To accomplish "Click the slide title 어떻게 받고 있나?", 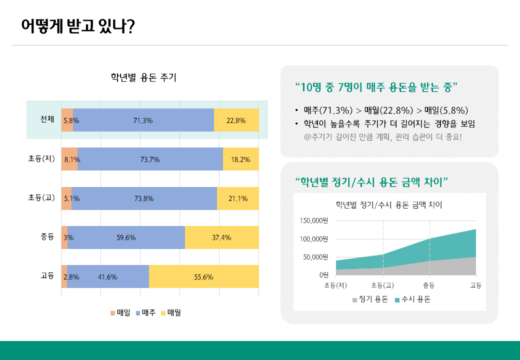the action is (78, 25).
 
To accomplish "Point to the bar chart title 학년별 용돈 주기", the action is (143, 77).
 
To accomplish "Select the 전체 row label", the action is (47, 119).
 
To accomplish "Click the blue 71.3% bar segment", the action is (143, 120).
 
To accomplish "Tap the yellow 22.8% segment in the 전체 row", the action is (236, 120).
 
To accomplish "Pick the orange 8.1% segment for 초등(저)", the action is (69, 159).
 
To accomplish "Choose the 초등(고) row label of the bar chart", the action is (41, 197).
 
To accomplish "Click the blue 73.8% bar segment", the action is (144, 198).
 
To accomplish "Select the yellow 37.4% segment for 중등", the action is (222, 237).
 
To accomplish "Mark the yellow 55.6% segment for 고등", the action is (203, 276).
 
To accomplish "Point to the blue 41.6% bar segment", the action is (108, 276).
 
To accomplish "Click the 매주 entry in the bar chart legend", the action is (145, 312).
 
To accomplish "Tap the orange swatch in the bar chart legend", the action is (113, 313).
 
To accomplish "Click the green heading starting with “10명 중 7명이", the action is (376, 87).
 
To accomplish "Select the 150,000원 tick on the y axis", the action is (313, 220).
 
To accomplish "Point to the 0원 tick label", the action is (324, 275).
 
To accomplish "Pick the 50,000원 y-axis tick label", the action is (315, 257).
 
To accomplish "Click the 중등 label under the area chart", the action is (429, 285).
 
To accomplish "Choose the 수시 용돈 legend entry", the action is (413, 299).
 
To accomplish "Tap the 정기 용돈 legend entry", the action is (370, 299).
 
